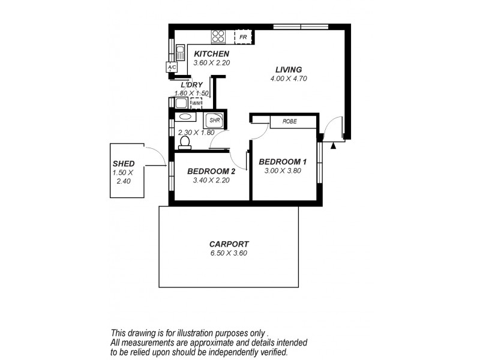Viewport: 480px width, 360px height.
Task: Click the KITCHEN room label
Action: (211, 54)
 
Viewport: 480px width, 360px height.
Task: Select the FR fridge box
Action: (242, 37)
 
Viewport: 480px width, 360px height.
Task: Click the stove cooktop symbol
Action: (218, 37)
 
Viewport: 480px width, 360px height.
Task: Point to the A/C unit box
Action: (172, 67)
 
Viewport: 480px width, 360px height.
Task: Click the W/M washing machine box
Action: (196, 103)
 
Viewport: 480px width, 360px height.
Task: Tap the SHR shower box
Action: (214, 120)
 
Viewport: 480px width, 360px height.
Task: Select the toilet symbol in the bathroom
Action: (185, 142)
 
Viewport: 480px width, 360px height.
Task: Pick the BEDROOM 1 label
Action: (283, 161)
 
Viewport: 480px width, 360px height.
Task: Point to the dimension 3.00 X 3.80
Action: (283, 170)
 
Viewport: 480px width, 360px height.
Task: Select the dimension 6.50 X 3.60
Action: (229, 253)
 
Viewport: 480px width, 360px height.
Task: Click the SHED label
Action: (124, 163)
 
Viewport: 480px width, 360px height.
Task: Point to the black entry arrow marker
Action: (334, 145)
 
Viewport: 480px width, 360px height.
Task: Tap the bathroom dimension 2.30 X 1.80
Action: (196, 133)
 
